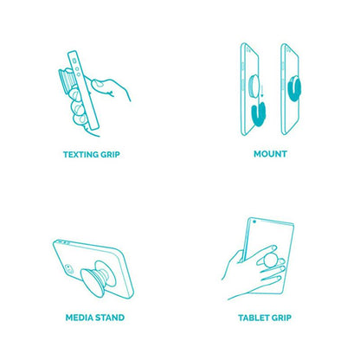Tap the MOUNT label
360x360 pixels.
pos(270,154)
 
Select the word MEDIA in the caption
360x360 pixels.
pos(80,318)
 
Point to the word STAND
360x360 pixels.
pos(110,318)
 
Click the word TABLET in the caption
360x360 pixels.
pos(251,318)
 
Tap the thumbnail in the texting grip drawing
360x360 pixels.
pos(98,84)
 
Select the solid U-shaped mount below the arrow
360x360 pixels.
pos(258,114)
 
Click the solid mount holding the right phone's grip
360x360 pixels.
pos(295,88)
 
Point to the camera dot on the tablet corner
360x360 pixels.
pos(254,222)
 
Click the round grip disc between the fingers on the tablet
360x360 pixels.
pos(271,260)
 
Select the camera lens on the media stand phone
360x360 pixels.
pos(67,267)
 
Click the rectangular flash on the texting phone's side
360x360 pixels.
pos(74,61)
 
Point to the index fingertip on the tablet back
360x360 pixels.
pos(273,247)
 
